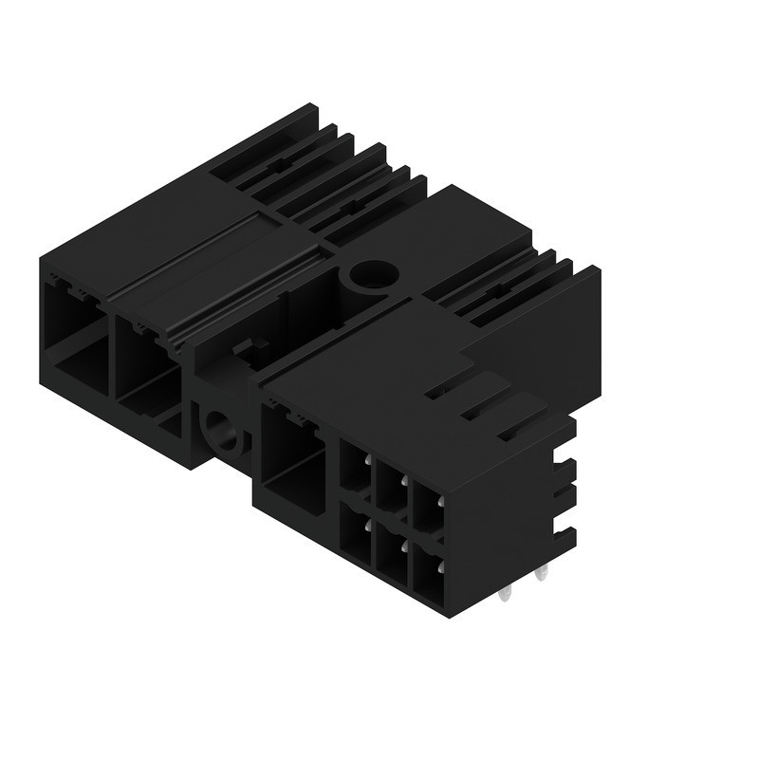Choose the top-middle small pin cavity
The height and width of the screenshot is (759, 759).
click(389, 486)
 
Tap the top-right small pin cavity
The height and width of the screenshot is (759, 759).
click(426, 503)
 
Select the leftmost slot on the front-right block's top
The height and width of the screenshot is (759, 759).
click(438, 390)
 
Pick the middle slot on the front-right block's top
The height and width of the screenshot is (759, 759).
click(474, 411)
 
